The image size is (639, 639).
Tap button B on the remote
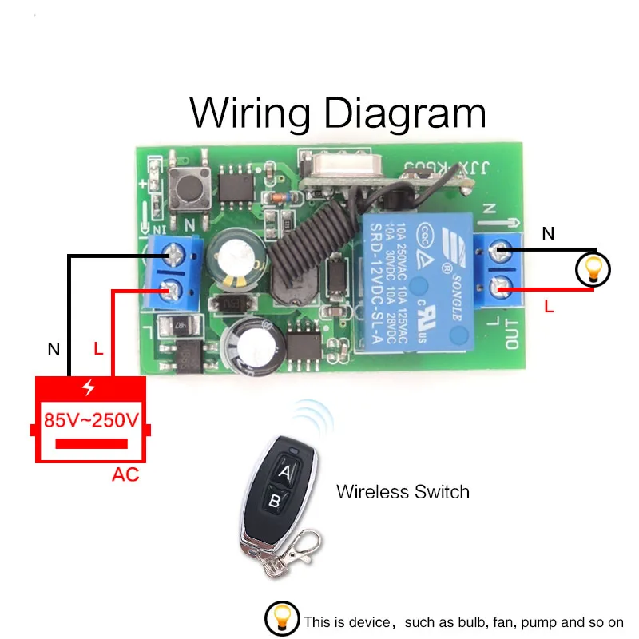[273, 502]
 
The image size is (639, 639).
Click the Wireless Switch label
[403, 491]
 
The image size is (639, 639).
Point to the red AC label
[125, 475]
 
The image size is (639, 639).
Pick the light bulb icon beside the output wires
[593, 271]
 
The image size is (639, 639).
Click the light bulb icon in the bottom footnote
[280, 620]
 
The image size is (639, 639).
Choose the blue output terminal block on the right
[498, 270]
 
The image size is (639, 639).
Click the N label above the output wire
[548, 234]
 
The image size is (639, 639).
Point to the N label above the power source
[54, 349]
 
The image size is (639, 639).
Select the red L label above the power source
[98, 349]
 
